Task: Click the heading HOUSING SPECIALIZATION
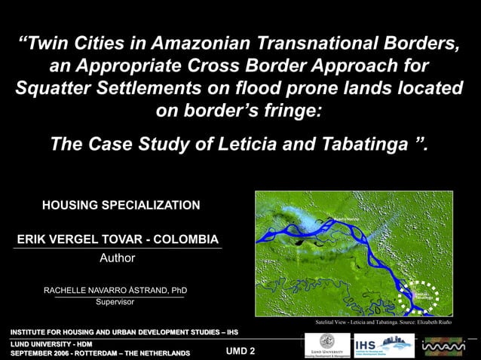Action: tap(121, 205)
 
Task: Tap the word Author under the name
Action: tap(118, 258)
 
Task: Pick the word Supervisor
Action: tap(115, 302)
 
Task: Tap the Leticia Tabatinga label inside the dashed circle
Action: tap(422, 295)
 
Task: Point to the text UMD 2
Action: tap(240, 352)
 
